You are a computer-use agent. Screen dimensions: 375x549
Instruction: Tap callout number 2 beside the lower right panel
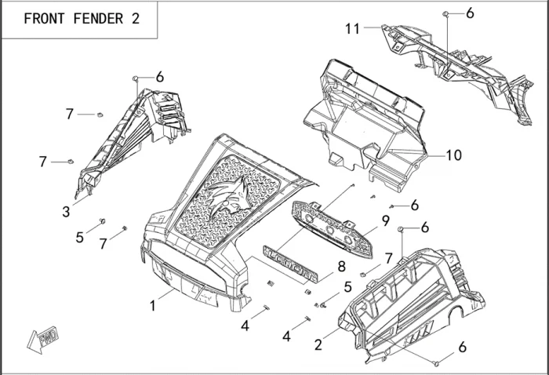(x=318, y=344)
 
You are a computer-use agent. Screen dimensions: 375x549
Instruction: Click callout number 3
(x=66, y=211)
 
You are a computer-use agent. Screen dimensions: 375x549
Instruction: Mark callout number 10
(x=454, y=155)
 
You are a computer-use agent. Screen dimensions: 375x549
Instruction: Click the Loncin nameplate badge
(x=292, y=265)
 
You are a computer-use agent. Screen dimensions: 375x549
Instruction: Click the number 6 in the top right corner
(x=470, y=13)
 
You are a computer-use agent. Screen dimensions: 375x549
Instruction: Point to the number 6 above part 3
(x=159, y=77)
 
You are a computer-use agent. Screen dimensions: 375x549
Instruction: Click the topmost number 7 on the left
(x=70, y=115)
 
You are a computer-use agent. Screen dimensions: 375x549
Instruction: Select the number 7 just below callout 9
(x=387, y=258)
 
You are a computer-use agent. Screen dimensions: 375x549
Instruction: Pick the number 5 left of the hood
(x=80, y=236)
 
